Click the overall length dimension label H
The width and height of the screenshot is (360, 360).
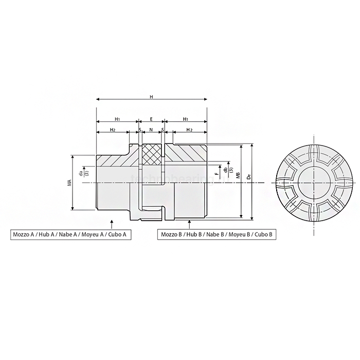coord(151,97)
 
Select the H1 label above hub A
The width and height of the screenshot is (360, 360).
coord(117,118)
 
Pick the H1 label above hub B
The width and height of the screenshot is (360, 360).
coord(185,118)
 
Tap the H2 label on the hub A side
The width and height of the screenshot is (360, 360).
coord(112,130)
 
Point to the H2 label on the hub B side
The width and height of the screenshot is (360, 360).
coord(189,130)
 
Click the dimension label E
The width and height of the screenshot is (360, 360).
coord(151,118)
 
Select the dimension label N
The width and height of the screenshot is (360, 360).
coord(151,130)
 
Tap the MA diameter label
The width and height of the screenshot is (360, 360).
coord(68,182)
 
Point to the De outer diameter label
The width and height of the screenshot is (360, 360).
coord(248,175)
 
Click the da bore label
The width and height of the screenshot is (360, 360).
coord(81,173)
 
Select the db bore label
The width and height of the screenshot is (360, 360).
coord(225,169)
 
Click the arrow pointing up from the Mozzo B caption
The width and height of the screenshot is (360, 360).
coord(190,223)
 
